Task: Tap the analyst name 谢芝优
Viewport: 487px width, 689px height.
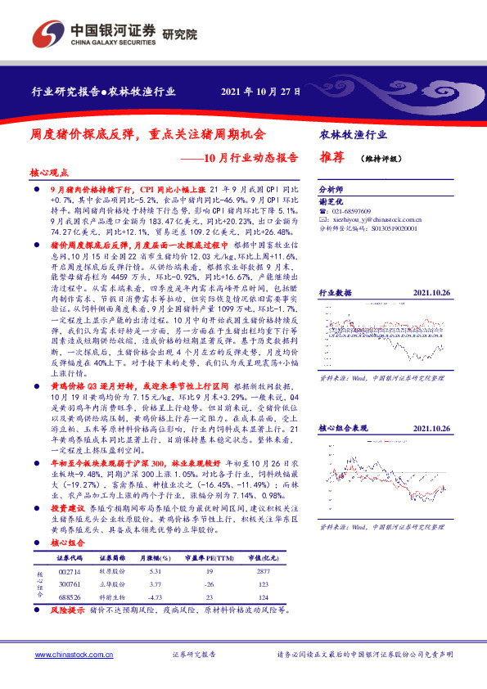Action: point(331,200)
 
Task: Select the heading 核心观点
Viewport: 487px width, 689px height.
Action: point(48,174)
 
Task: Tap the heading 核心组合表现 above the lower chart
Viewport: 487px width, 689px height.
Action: point(344,428)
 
